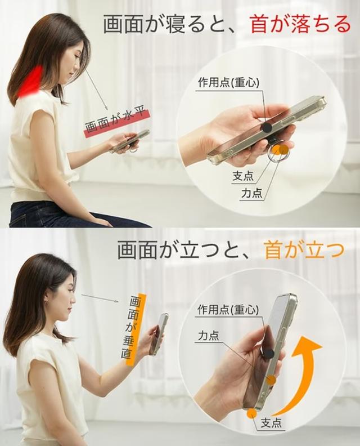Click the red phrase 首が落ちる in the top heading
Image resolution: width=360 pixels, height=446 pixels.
[x=300, y=24]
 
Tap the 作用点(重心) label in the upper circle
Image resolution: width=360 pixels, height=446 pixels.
[x=228, y=83]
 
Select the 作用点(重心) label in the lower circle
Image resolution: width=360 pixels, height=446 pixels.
[x=228, y=310]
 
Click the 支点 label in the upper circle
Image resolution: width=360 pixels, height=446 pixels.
[x=243, y=176]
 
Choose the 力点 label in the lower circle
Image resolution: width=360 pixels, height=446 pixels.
[x=209, y=336]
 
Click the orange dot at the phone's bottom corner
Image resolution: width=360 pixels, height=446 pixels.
[x=251, y=413]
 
